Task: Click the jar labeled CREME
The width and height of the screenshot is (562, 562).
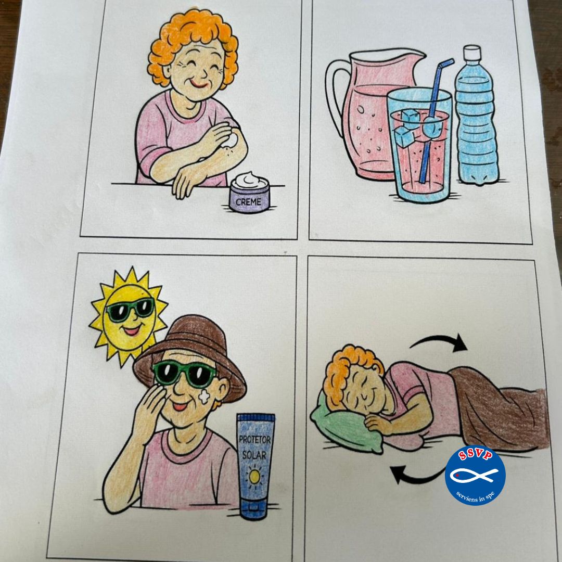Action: (249, 193)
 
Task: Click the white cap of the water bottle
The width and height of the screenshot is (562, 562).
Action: (472, 53)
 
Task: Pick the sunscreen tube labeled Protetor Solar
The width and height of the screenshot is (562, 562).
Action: (255, 466)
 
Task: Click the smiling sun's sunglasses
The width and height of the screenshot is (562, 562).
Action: (131, 309)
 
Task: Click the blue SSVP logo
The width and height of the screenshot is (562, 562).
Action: (475, 475)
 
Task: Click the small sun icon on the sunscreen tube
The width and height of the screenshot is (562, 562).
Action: (255, 477)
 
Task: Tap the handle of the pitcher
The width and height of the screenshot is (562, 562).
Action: (335, 97)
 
